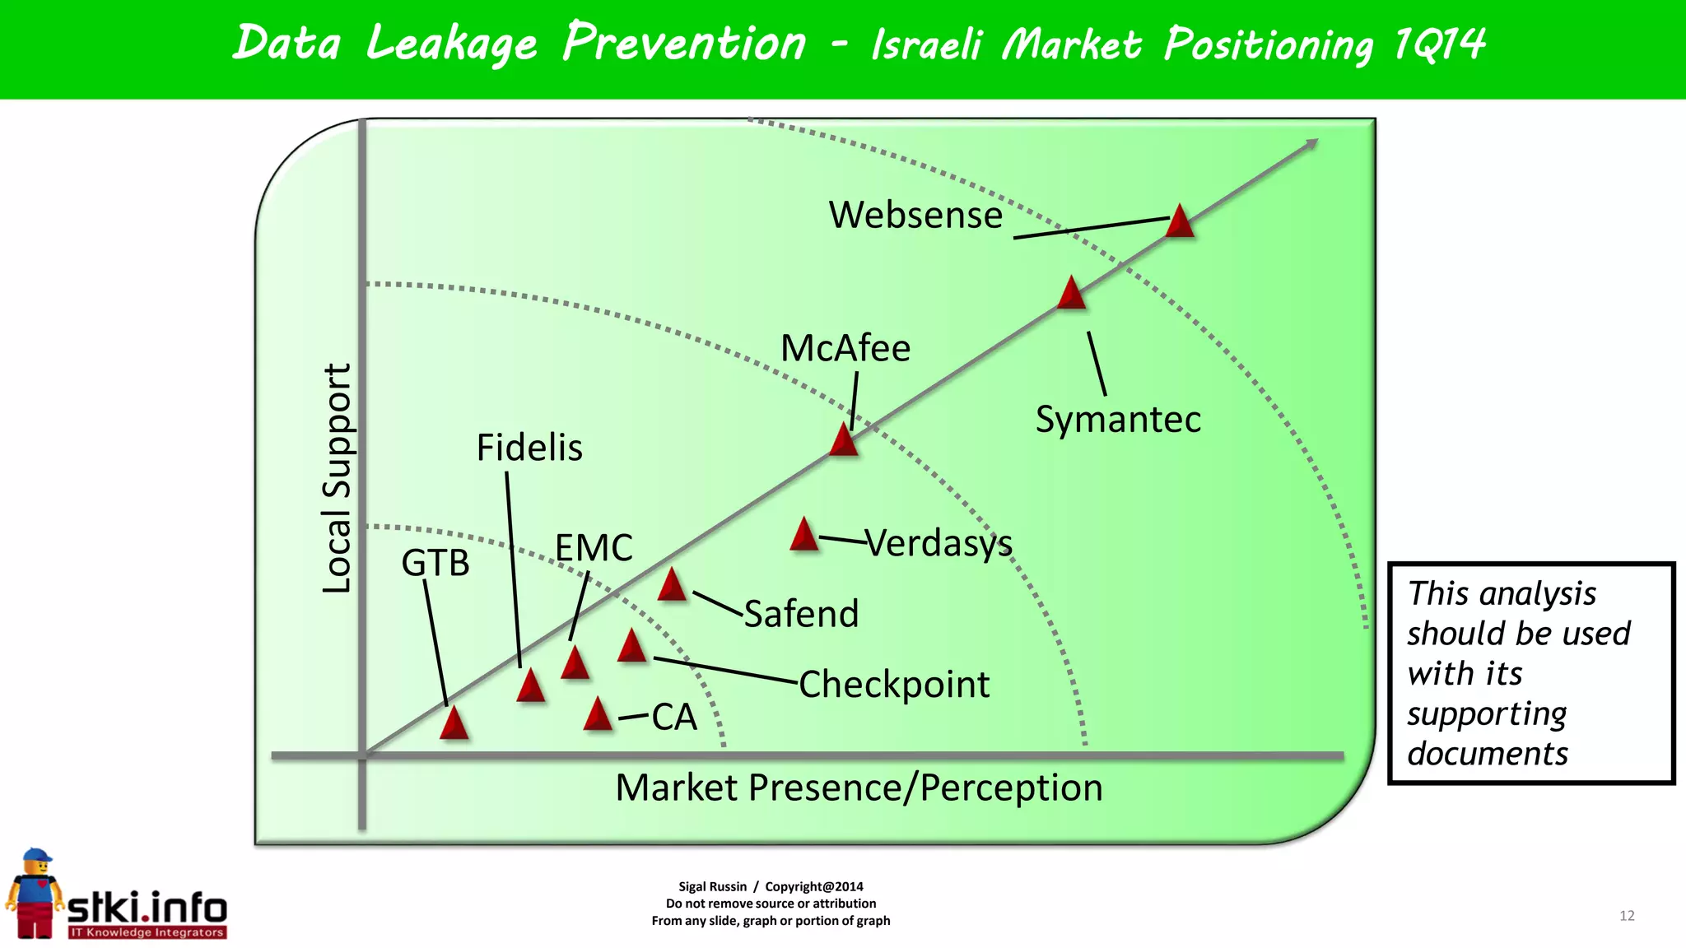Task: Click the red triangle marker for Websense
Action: [x=1180, y=222]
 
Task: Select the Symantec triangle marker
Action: [x=1071, y=294]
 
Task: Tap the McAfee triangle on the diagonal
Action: [x=844, y=440]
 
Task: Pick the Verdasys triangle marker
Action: [x=803, y=536]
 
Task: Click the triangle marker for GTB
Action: [x=454, y=723]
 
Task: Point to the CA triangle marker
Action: [x=598, y=715]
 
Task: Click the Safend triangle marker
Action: [x=672, y=586]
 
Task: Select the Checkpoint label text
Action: [x=894, y=685]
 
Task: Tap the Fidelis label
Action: [x=529, y=448]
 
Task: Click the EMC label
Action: [x=594, y=548]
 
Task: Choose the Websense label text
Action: [x=915, y=216]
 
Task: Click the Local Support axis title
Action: [x=337, y=478]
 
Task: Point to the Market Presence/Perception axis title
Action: [x=859, y=788]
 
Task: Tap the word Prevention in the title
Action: [x=684, y=43]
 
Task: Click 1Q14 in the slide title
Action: [x=1439, y=44]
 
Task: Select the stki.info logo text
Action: [x=147, y=908]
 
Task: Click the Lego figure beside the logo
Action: [x=35, y=895]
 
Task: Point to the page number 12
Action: [x=1627, y=916]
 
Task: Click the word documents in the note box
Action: [x=1487, y=754]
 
